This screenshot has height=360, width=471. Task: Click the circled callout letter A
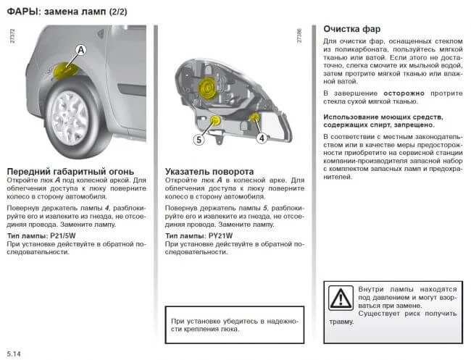coord(80,49)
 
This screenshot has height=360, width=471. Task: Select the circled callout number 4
coord(262,136)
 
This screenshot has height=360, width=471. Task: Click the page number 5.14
coord(14,352)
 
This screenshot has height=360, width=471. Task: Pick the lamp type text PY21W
coord(220,235)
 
